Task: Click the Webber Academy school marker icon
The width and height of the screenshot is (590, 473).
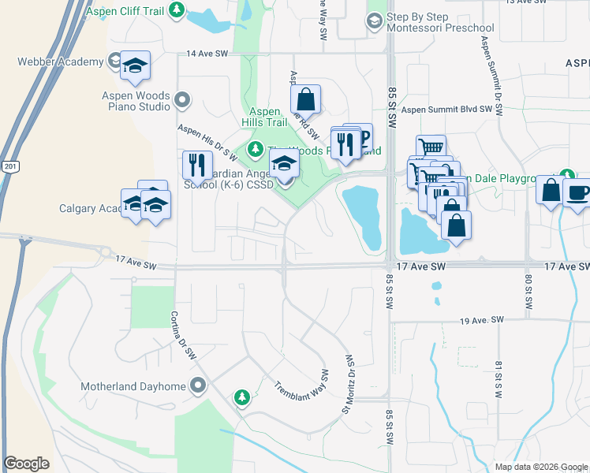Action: pos(136,67)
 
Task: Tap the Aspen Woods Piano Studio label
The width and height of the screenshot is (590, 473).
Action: pos(136,100)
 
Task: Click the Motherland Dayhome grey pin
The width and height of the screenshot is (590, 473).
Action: pos(197,386)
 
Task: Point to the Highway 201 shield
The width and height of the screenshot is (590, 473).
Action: pos(9,167)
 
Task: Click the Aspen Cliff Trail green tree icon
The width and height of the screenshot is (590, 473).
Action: pos(178,9)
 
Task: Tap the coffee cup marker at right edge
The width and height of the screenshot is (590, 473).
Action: pos(577,192)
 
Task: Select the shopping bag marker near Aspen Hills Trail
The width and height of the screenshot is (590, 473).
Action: pos(305,99)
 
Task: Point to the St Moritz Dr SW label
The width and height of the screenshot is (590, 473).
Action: pos(349,383)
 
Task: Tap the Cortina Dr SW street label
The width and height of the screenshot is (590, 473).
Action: pos(183,335)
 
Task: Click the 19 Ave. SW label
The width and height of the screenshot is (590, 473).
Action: pos(481,320)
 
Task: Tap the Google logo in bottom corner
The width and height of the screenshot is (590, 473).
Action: pos(26,464)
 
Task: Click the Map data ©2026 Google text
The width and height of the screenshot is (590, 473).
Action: pos(541,467)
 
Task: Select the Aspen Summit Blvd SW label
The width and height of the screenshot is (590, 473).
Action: pos(452,111)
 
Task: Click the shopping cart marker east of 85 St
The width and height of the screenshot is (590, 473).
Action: pos(431,147)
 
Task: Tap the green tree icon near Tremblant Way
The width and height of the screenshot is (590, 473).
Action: pos(243,397)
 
